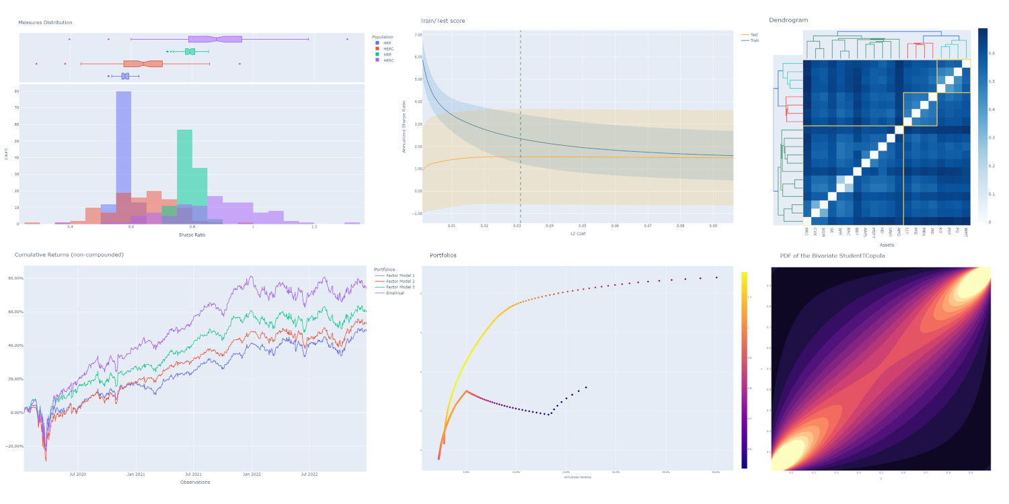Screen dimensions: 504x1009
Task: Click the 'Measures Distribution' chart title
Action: pos(45,22)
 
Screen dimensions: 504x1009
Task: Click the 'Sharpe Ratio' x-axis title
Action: pos(192,235)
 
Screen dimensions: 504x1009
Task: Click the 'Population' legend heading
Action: pos(382,36)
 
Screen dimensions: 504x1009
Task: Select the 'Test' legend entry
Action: pos(753,34)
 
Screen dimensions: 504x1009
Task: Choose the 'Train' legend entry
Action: pos(754,40)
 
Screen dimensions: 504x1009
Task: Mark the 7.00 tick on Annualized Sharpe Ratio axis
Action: pos(418,34)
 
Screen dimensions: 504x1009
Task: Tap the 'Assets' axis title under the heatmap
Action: pos(886,245)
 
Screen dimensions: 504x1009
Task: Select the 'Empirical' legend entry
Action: pos(396,293)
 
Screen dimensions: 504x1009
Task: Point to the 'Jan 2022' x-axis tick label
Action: pos(252,474)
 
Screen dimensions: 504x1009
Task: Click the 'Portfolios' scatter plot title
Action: pos(443,255)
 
